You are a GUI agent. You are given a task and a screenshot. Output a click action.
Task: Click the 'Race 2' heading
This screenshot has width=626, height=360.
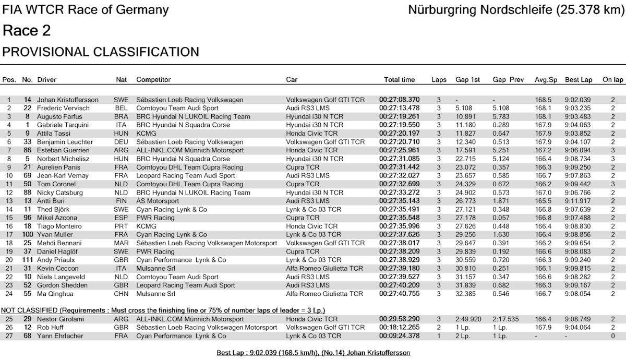click(27, 31)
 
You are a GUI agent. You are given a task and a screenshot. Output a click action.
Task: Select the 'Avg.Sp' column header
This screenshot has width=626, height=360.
click(546, 80)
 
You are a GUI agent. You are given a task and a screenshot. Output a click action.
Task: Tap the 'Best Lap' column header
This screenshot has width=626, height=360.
click(579, 80)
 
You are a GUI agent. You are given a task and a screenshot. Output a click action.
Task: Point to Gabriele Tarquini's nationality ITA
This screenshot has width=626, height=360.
click(121, 125)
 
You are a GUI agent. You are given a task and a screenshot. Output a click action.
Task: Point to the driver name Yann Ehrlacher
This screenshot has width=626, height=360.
click(60, 336)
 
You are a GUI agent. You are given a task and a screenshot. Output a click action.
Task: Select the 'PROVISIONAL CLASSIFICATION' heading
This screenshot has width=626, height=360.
click(101, 52)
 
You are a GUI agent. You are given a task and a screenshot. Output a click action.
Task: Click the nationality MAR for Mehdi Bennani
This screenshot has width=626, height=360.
click(121, 243)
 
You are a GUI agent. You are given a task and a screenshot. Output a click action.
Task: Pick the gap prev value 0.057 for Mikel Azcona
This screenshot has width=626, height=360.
click(501, 218)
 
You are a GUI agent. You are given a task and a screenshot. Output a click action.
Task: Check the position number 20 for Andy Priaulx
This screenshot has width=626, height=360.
click(9, 260)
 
